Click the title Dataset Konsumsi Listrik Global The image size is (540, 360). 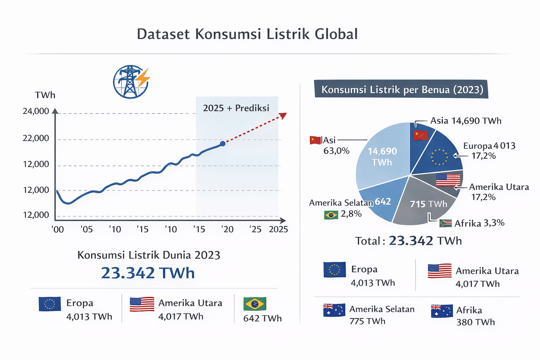click(x=247, y=34)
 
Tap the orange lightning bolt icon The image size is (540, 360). click(x=143, y=78)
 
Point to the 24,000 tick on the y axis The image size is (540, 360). click(x=36, y=111)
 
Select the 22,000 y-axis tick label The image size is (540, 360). click(x=36, y=138)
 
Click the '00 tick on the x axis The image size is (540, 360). click(x=58, y=230)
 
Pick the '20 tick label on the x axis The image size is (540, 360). click(x=227, y=230)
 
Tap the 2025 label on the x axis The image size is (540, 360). click(x=278, y=230)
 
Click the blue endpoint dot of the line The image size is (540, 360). click(x=223, y=143)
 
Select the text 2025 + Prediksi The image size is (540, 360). click(x=236, y=108)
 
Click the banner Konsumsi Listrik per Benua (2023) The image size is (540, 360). click(x=402, y=90)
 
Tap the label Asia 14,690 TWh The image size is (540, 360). click(x=466, y=121)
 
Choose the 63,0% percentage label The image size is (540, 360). click(x=336, y=151)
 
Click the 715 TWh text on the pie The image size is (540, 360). click(x=429, y=204)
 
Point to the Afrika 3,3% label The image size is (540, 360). click(x=480, y=223)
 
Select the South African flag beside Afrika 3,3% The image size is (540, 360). click(x=445, y=223)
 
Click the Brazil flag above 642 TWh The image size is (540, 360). click(x=255, y=304)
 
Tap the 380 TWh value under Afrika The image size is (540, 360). click(x=475, y=322)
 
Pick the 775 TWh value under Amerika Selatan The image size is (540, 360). click(x=367, y=321)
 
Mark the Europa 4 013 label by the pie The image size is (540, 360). click(x=489, y=146)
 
